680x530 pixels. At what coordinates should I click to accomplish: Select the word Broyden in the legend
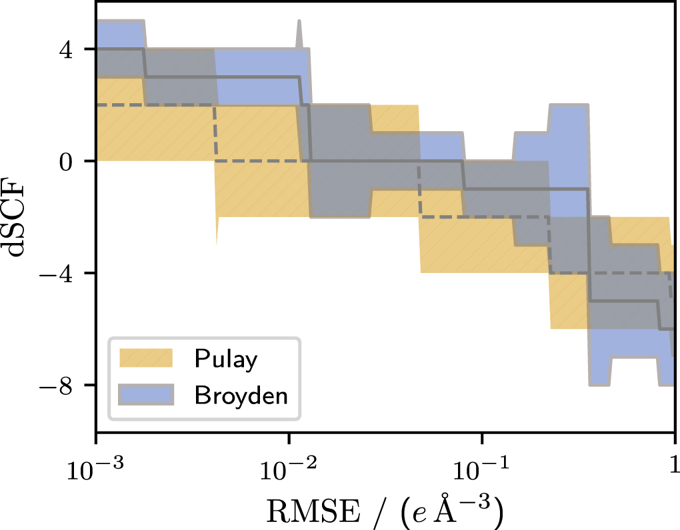pyautogui.click(x=241, y=396)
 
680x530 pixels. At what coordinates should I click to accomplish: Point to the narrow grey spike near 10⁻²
pyautogui.click(x=299, y=33)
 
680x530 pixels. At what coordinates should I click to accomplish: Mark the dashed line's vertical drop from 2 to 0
pyautogui.click(x=214, y=133)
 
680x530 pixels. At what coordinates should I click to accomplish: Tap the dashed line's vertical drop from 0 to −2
pyautogui.click(x=419, y=189)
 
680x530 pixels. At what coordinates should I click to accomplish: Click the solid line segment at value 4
pyautogui.click(x=120, y=49)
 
